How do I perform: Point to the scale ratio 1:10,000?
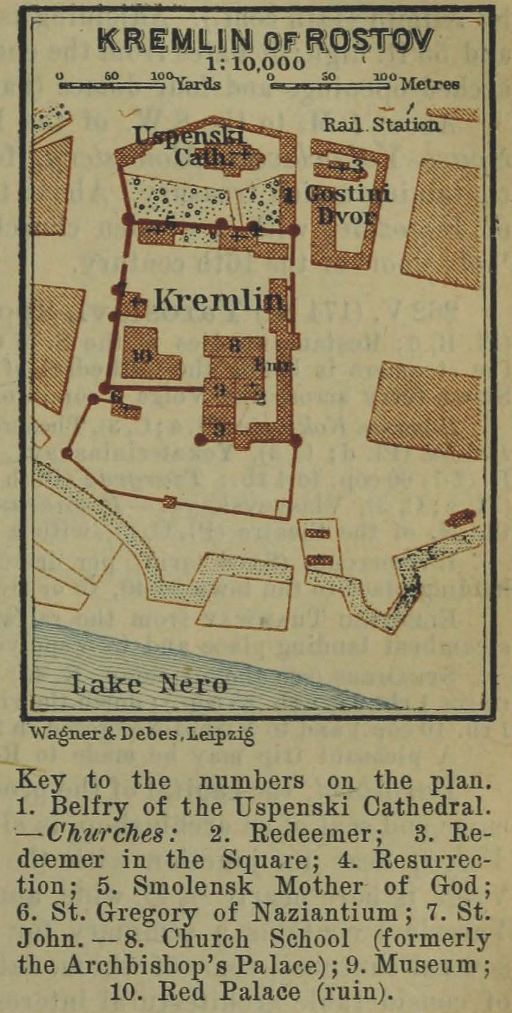pyautogui.click(x=256, y=64)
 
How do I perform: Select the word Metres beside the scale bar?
pyautogui.click(x=429, y=84)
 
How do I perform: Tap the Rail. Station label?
pyautogui.click(x=381, y=125)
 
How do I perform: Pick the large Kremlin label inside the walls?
pyautogui.click(x=218, y=301)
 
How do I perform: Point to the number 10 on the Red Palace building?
pyautogui.click(x=142, y=356)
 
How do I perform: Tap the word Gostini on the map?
pyautogui.click(x=348, y=194)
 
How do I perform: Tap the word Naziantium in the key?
pyautogui.click(x=325, y=913)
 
